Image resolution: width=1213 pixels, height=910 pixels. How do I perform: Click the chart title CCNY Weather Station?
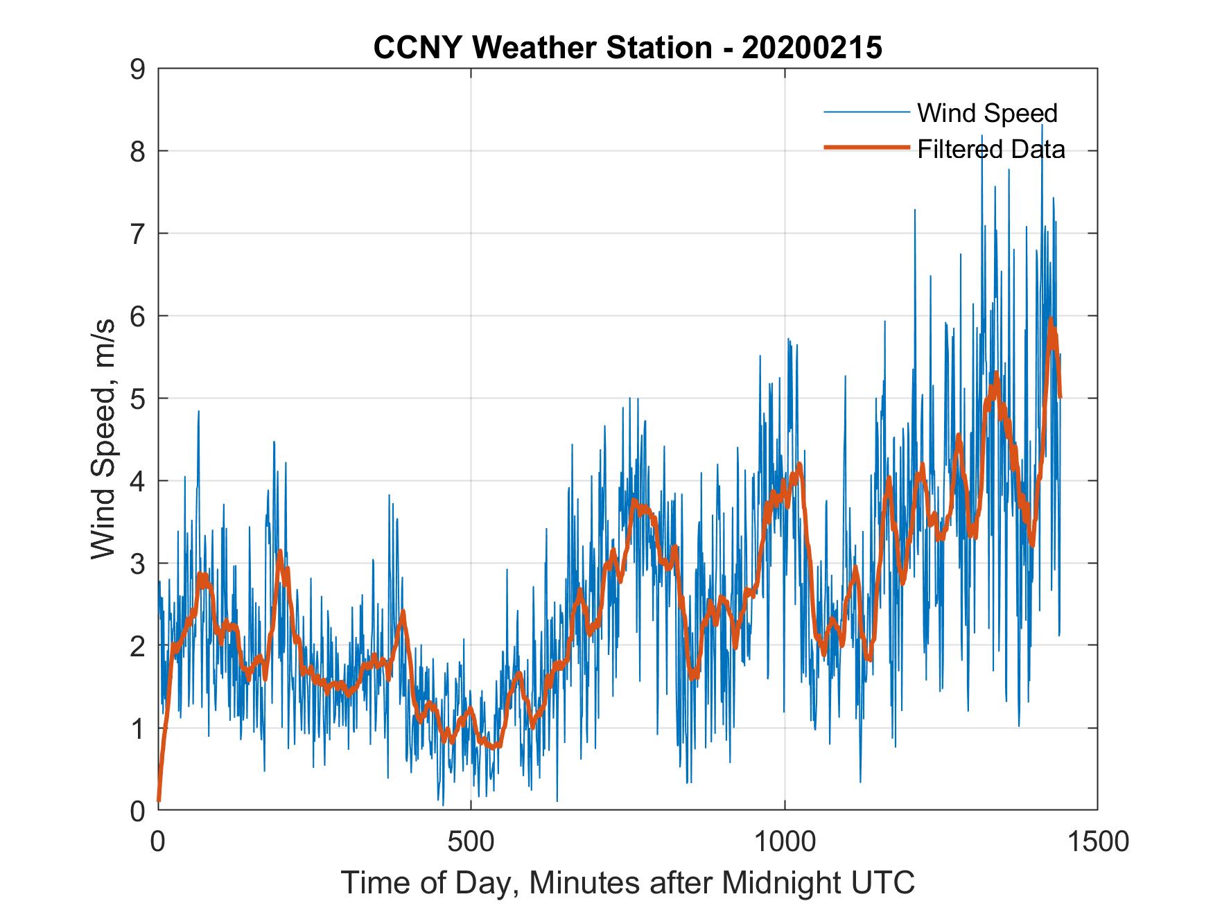(542, 48)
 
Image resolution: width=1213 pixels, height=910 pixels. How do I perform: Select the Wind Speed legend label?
(987, 113)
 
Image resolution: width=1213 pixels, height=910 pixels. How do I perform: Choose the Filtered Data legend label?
(991, 149)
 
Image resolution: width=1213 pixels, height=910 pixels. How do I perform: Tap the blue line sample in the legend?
(866, 112)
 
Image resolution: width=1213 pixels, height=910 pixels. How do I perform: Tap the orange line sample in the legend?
(866, 148)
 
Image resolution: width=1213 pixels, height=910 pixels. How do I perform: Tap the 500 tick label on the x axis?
(471, 841)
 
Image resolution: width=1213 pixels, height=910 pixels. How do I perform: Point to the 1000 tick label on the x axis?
(785, 841)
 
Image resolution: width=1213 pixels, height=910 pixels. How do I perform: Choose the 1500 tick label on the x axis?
(1097, 841)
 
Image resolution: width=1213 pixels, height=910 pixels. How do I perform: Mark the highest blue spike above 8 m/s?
(1042, 125)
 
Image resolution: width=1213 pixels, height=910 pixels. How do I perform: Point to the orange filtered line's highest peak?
(1051, 320)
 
